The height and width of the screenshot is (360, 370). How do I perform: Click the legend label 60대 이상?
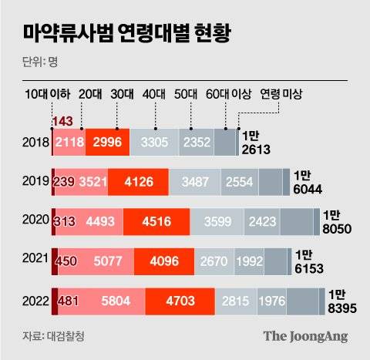[229, 94]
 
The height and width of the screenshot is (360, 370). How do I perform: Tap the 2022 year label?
[35, 301]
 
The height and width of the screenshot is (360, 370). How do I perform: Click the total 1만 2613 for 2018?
[257, 143]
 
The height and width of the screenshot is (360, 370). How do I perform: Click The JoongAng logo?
[305, 336]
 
